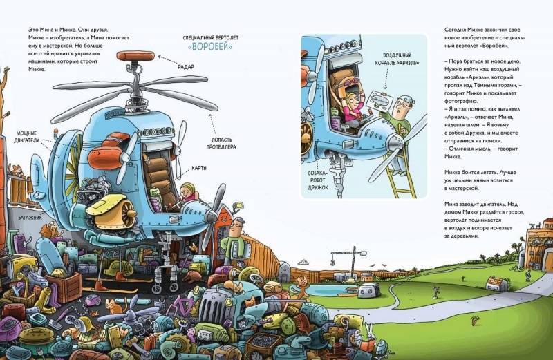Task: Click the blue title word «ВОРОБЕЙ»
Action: click(x=210, y=46)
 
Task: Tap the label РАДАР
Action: click(x=185, y=67)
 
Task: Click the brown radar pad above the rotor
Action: click(x=135, y=56)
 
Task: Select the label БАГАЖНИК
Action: click(x=30, y=218)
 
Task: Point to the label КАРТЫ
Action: click(x=199, y=168)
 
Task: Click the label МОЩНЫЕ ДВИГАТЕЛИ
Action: click(x=26, y=137)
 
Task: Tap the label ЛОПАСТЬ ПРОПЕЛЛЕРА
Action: click(x=221, y=143)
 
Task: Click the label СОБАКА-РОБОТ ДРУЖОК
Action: click(x=317, y=180)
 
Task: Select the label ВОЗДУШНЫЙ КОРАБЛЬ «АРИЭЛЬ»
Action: click(x=396, y=59)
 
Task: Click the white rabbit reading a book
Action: click(x=367, y=335)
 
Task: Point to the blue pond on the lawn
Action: click(x=326, y=290)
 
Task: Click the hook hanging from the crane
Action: click(x=332, y=261)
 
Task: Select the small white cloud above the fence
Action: click(x=303, y=263)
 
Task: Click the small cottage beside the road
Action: click(x=496, y=283)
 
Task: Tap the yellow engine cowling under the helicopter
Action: click(x=110, y=210)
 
